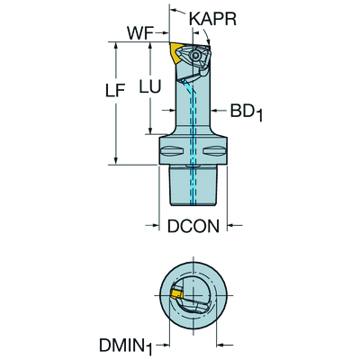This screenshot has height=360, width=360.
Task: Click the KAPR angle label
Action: [212, 19]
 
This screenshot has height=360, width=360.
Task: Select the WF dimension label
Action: [140, 33]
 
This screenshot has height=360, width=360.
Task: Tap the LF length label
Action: [114, 90]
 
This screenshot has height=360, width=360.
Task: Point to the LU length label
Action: [150, 86]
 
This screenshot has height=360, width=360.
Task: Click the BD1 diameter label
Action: [246, 112]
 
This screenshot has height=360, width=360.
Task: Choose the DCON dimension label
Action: [193, 226]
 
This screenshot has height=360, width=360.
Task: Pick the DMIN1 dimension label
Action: [126, 346]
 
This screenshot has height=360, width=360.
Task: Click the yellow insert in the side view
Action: [175, 53]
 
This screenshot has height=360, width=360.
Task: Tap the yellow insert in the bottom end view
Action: [176, 293]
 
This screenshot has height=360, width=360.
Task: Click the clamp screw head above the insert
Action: [195, 55]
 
